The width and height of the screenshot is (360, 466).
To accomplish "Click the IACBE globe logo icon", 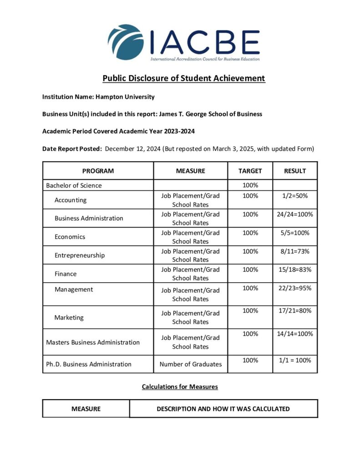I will pos(125,42).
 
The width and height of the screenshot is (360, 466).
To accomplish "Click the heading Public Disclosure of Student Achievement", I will pos(183,78).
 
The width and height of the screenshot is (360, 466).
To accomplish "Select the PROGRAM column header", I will pos(98,171).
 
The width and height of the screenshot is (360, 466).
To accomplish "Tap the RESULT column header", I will pos(295,171).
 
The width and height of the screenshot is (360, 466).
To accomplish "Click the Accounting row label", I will pos(71,200).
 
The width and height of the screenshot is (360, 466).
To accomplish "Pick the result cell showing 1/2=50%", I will pos(295,196).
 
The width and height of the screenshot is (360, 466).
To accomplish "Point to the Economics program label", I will pos(70,237).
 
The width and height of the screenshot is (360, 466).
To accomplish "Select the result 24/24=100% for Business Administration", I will pos(295,214).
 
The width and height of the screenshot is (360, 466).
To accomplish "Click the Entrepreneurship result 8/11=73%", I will pos(295,251).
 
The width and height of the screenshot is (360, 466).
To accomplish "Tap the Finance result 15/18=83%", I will pos(295,269).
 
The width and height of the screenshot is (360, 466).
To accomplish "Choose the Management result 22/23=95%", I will pos(295,288).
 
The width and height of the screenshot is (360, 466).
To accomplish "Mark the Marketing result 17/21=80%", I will pos(295,311).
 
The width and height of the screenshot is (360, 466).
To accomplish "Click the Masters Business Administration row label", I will pos(93,342).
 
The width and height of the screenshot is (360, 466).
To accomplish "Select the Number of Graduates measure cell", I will pos(191,364).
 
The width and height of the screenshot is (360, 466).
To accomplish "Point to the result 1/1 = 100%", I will pos(295,360).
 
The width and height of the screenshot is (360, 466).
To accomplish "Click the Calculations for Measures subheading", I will pos(180,387).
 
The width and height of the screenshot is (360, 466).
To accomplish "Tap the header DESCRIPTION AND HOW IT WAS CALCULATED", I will pos(223,409).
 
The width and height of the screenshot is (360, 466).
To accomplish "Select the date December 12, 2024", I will pos(133,149).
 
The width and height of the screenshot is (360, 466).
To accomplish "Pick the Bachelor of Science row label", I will pos(74,186).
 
